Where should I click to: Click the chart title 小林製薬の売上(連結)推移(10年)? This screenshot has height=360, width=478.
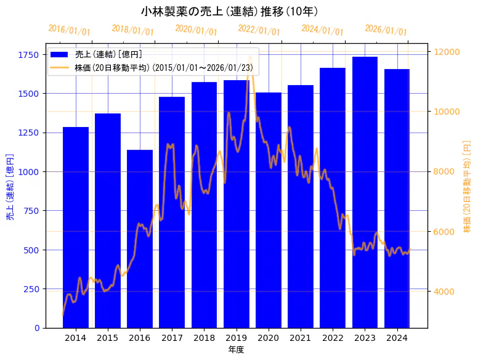[229, 11]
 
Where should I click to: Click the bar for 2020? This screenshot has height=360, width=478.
[269, 210]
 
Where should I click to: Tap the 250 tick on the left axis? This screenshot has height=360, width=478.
[31, 289]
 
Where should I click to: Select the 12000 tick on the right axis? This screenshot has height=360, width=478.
[447, 52]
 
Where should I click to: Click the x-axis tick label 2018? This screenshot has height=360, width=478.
[204, 338]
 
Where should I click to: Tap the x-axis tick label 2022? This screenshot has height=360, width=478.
[333, 338]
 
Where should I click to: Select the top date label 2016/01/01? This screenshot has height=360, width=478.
[69, 30]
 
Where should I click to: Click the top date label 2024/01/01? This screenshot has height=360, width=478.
[322, 30]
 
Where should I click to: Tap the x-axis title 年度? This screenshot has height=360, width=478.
[236, 350]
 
